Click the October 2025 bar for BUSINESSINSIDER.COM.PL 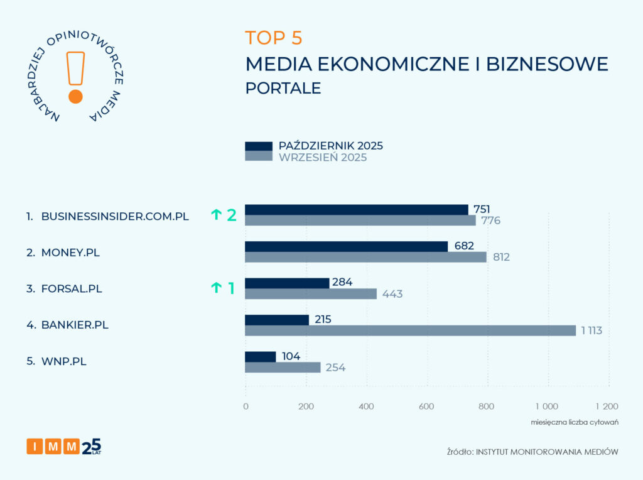[356, 210]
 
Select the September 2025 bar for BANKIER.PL [410, 330]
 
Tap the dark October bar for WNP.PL [260, 357]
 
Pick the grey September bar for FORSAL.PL [310, 294]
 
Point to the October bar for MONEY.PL [346, 246]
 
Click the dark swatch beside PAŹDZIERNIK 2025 [258, 146]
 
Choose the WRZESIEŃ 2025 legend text [322, 158]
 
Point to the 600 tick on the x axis [427, 406]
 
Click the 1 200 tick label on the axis [607, 406]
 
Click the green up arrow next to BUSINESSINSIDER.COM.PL [216, 215]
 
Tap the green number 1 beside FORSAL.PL [231, 288]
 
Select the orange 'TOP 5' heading [274, 38]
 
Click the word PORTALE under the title [283, 88]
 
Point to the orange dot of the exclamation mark [75, 96]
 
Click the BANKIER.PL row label [70, 325]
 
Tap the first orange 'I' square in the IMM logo [35, 446]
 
